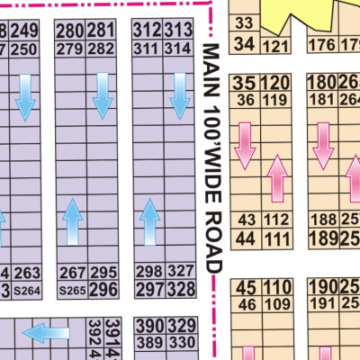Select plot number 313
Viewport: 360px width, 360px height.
[x=178, y=31]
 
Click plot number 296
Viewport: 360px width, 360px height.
[x=103, y=289]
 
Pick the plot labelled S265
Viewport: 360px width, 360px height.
[x=71, y=290]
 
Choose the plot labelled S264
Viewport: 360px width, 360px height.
[x=29, y=290]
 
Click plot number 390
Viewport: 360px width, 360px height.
[x=149, y=325]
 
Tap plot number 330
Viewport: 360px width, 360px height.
[x=182, y=342]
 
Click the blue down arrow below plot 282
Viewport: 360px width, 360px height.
[x=103, y=96]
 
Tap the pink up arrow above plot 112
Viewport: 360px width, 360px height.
[x=279, y=177]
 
